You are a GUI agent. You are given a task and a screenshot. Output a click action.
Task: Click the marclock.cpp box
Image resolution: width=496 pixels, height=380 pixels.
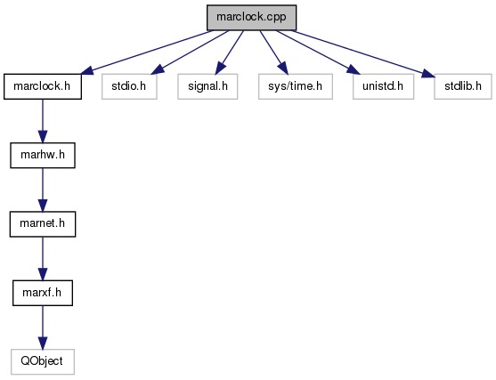click(x=251, y=18)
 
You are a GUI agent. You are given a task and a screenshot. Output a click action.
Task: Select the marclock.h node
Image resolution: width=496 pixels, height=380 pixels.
click(x=43, y=86)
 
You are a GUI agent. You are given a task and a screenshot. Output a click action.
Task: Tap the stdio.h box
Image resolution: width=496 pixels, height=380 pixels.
click(x=129, y=86)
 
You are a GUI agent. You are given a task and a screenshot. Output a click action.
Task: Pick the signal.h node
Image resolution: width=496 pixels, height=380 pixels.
click(x=207, y=86)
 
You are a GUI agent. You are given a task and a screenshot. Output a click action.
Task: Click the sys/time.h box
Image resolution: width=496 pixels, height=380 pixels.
click(x=296, y=86)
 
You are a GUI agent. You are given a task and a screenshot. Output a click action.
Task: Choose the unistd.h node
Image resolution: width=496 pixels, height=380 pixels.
click(x=383, y=86)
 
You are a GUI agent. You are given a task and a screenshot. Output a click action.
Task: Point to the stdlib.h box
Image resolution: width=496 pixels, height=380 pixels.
click(x=463, y=86)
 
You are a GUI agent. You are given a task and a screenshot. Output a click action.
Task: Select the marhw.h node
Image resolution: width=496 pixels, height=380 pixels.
click(x=43, y=155)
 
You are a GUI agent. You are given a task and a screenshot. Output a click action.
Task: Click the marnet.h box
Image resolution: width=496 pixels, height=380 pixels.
click(x=43, y=224)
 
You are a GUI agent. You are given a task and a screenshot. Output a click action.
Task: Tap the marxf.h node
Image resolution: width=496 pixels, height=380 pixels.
click(x=43, y=293)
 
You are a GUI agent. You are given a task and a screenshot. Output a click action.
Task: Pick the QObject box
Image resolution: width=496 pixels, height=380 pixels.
click(x=43, y=361)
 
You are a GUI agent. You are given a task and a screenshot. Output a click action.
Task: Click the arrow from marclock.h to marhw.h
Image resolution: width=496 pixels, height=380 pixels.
click(x=43, y=121)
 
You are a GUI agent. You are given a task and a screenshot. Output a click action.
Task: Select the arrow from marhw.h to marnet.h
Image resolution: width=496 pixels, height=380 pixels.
click(x=43, y=190)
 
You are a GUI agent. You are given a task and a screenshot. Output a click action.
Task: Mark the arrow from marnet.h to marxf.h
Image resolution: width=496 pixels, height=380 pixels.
click(x=43, y=259)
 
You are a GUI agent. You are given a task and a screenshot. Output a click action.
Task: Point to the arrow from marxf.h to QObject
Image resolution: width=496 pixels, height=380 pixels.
click(x=43, y=327)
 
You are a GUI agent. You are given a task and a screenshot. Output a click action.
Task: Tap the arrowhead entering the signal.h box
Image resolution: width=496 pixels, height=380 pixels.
click(x=220, y=69)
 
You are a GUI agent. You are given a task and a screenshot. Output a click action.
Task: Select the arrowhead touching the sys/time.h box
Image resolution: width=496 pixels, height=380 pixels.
click(x=283, y=69)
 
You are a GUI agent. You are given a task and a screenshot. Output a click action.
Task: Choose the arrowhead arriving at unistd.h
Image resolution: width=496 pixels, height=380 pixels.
click(x=354, y=70)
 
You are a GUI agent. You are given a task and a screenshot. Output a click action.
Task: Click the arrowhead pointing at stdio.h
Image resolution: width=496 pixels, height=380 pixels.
click(x=158, y=70)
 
